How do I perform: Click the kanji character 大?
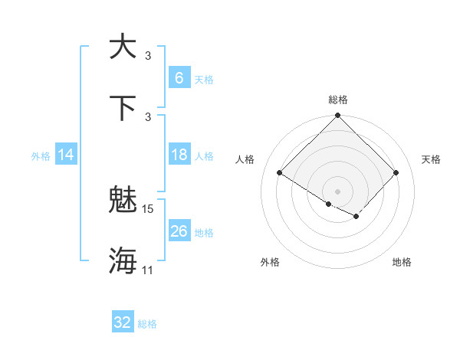click(x=123, y=47)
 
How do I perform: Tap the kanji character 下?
click(x=123, y=107)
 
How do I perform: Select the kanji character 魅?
click(x=123, y=200)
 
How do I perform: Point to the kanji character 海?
click(x=123, y=260)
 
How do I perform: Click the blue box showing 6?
click(x=179, y=78)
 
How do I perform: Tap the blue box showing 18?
click(x=179, y=155)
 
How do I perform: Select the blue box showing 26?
click(x=179, y=231)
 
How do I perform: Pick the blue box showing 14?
click(x=66, y=155)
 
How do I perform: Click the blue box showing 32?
click(x=123, y=322)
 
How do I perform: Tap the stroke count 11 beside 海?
click(x=148, y=270)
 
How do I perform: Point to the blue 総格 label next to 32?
click(x=147, y=324)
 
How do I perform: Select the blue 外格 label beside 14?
click(x=41, y=156)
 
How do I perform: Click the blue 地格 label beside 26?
click(x=204, y=233)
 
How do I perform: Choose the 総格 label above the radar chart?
click(x=338, y=100)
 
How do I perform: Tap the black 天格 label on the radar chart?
click(x=432, y=159)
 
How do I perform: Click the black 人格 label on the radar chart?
click(x=245, y=159)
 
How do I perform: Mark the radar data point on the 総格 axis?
click(x=338, y=116)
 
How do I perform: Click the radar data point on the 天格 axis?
click(x=396, y=173)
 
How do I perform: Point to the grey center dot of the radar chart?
click(x=338, y=191)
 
